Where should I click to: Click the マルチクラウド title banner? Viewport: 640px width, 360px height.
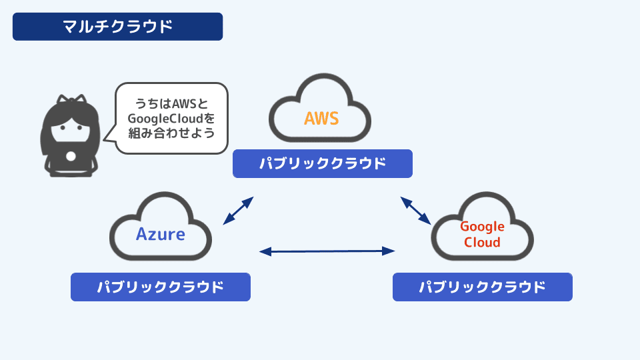[117, 27]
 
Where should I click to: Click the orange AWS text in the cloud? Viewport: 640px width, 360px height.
[321, 118]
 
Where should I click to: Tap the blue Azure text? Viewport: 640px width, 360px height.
[161, 235]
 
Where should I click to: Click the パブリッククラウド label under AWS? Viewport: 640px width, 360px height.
[322, 163]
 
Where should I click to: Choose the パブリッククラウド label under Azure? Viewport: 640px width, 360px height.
[160, 287]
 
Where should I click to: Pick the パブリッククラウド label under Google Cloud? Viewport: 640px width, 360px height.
[482, 287]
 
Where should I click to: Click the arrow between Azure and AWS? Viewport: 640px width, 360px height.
[238, 211]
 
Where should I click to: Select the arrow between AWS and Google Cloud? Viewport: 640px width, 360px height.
[416, 210]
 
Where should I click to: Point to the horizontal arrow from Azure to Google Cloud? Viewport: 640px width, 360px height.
[327, 251]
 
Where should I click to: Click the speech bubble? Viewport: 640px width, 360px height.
[171, 119]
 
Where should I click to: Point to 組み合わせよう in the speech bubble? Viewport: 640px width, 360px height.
[171, 133]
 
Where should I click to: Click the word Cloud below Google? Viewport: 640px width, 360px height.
[482, 242]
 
